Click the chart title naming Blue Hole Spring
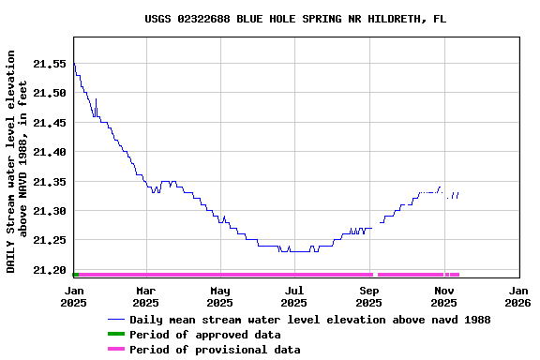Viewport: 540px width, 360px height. [295, 19]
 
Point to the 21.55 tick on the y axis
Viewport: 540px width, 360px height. [50, 64]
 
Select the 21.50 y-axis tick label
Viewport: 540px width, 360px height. [50, 93]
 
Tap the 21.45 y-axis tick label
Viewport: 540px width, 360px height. [50, 123]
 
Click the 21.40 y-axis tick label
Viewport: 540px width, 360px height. [50, 152]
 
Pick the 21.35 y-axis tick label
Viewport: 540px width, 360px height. [50, 182]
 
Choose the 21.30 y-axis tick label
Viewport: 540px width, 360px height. [50, 211]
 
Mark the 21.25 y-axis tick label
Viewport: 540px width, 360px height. [50, 241]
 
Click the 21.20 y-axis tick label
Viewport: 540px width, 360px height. [50, 270]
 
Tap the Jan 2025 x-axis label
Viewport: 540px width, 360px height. [73, 296]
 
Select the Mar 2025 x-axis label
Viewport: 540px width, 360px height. [145, 296]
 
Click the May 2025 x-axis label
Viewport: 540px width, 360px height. [220, 296]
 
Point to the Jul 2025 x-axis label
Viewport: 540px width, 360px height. [294, 296]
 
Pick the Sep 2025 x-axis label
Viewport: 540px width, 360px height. [370, 296]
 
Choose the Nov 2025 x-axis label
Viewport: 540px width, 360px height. [444, 296]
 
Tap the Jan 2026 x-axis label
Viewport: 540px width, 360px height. [518, 296]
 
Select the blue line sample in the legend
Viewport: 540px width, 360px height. [116, 320]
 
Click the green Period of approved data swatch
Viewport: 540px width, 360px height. [116, 335]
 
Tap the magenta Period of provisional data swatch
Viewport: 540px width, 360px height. [116, 350]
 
